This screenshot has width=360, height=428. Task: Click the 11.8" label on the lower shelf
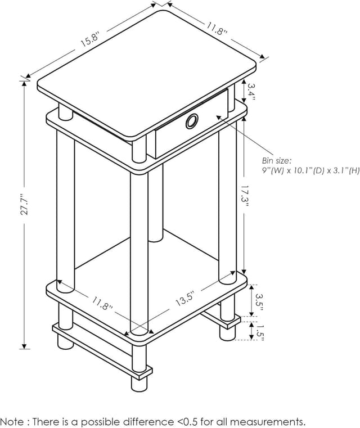point(102,304)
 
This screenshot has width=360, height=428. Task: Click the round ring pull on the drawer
point(191,120)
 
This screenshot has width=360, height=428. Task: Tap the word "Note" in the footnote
point(12,421)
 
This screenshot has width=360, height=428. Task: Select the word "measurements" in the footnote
point(269,421)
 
